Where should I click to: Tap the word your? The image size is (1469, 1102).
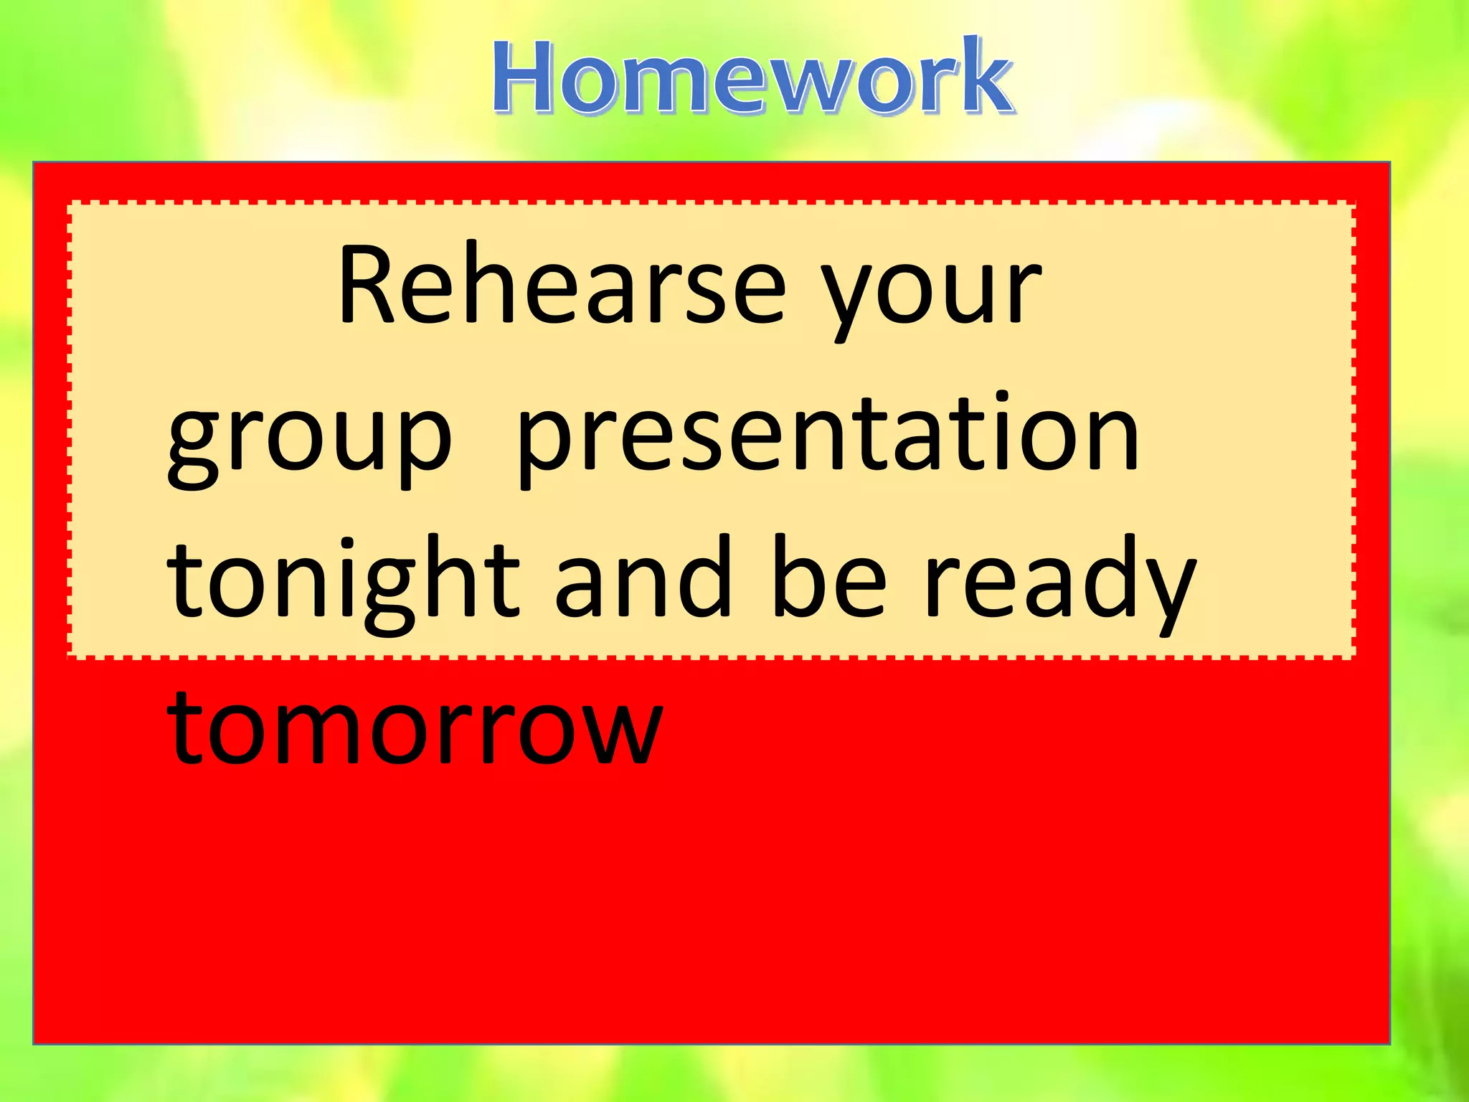(x=931, y=294)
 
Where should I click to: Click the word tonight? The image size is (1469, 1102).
(x=343, y=581)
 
